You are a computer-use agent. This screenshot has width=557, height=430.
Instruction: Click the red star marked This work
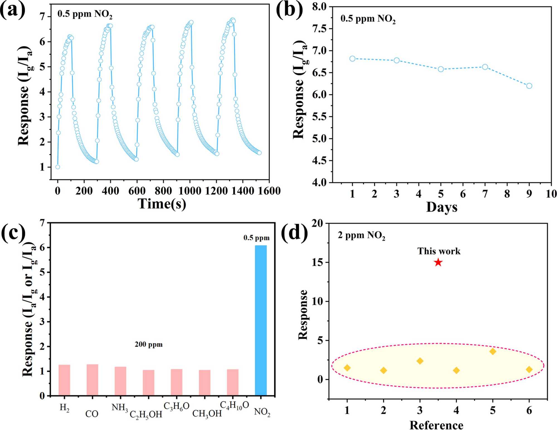point(438,262)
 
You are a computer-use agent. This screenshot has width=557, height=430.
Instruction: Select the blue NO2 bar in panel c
point(261,320)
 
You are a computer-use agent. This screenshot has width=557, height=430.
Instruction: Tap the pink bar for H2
point(64,380)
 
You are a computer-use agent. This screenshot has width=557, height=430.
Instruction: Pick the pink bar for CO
point(92,380)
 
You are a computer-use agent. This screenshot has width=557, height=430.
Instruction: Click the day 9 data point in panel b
point(529,86)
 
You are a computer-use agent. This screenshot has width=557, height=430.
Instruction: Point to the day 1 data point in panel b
point(352,59)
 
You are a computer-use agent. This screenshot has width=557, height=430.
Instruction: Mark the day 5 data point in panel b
point(441,69)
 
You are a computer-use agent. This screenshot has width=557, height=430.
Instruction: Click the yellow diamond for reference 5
point(493,352)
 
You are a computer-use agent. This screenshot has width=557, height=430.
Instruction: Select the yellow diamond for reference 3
point(420,361)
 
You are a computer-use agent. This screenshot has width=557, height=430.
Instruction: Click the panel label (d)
point(294,232)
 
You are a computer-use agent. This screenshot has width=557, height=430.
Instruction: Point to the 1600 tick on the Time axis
point(269,191)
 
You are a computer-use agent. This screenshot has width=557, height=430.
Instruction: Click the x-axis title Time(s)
point(162,204)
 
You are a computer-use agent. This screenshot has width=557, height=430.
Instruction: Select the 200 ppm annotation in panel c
point(149,345)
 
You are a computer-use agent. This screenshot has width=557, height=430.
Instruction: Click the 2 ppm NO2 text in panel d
point(361,235)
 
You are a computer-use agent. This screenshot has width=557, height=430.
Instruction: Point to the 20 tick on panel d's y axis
point(317,223)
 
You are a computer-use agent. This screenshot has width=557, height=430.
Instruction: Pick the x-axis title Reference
point(436,425)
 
